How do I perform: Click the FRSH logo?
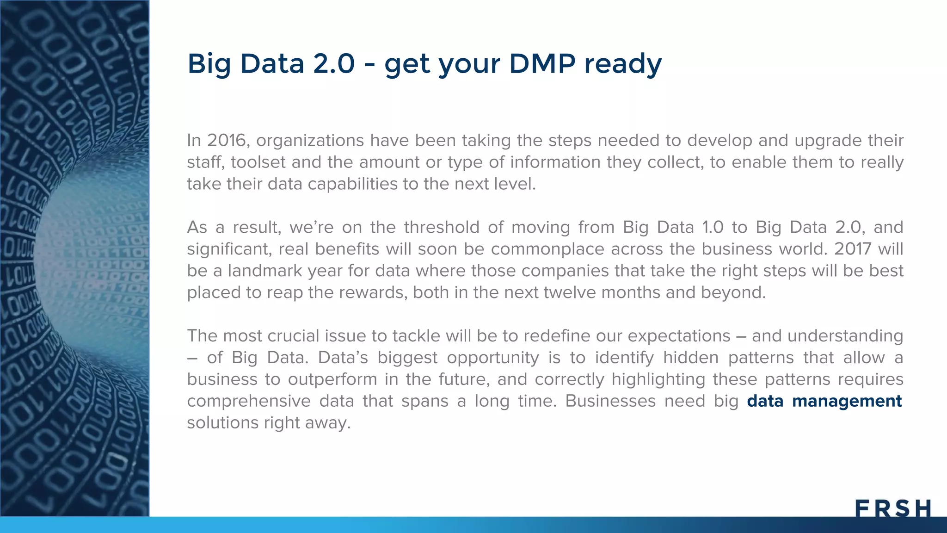(x=893, y=508)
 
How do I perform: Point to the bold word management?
(x=847, y=401)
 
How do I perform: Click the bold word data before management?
(x=765, y=401)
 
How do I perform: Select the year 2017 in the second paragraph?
(x=853, y=249)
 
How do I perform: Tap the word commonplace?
(x=547, y=249)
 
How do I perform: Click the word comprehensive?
(x=248, y=401)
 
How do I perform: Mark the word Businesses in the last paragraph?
(x=610, y=401)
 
